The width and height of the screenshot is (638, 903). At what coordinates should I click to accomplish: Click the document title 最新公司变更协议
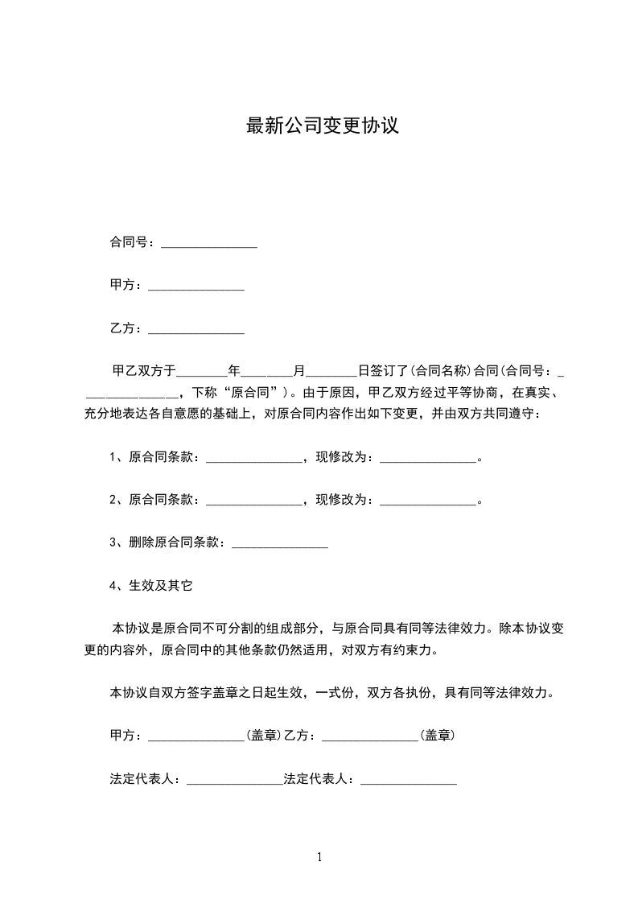click(322, 126)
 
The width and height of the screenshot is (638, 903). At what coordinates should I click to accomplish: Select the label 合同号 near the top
click(127, 241)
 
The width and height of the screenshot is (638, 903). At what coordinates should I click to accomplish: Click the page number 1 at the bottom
click(319, 857)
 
